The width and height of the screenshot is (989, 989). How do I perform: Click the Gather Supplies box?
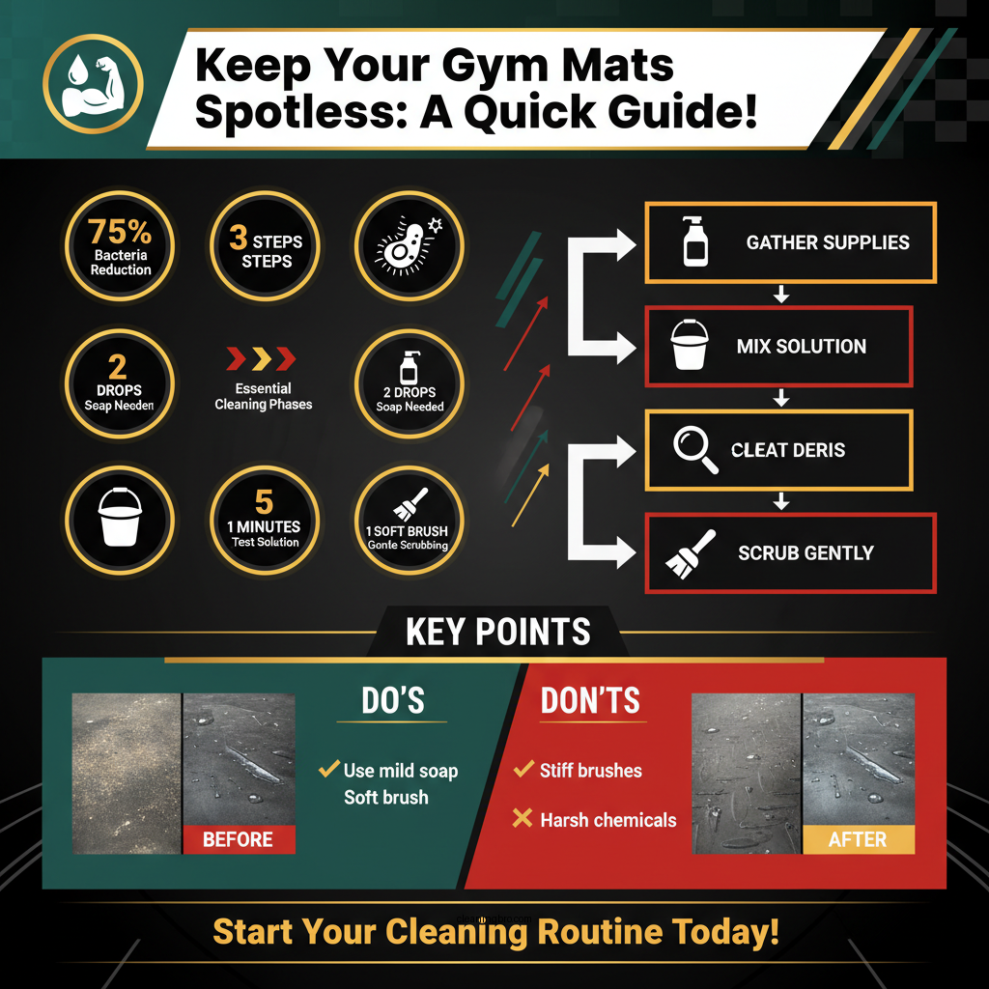click(790, 242)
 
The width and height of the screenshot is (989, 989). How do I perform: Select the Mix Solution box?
click(778, 346)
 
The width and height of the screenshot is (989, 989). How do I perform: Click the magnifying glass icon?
click(695, 450)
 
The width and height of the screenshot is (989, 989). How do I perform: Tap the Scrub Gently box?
click(790, 552)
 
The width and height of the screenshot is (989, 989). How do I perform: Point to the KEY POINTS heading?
click(498, 632)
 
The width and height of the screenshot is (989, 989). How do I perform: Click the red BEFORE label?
click(238, 838)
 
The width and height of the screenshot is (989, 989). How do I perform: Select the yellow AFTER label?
click(858, 838)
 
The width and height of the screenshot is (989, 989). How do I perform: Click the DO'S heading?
click(391, 701)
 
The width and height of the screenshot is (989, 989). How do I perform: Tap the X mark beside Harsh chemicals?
click(523, 819)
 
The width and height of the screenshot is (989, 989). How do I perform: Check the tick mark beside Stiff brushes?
click(523, 770)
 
